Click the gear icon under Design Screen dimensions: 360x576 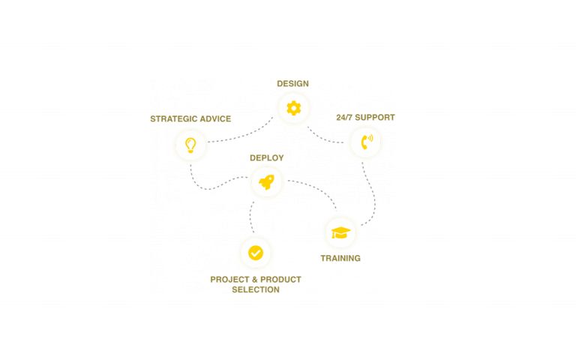coord(293,108)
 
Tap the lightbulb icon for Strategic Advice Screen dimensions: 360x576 coord(190,145)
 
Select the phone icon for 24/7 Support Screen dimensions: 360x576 coord(365,142)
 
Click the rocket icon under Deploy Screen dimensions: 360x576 coord(266,182)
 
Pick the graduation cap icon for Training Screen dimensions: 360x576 coord(340,232)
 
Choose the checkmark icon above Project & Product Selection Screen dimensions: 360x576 coord(256,253)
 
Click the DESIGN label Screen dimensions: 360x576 coord(292,83)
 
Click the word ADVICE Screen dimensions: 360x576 coord(215,118)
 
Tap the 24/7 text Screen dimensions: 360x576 coord(345,118)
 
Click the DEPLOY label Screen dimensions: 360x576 coord(266,158)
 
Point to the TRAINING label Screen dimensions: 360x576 coord(340,258)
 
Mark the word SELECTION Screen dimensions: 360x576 coord(256,289)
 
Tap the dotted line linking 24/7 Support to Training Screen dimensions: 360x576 coord(373,195)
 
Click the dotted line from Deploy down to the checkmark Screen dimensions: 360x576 coord(250,217)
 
